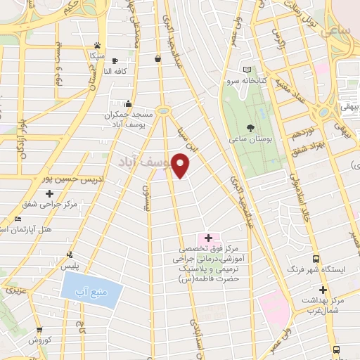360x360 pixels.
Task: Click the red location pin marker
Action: tap(181, 165)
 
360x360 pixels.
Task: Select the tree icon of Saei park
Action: tap(250, 127)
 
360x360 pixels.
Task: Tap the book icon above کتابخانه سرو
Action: tap(246, 70)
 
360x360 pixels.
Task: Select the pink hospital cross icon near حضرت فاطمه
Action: tap(207, 238)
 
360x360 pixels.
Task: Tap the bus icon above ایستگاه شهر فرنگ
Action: tap(315, 259)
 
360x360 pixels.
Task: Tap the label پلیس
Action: tap(69, 266)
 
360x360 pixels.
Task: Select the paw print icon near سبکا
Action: tap(97, 44)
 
